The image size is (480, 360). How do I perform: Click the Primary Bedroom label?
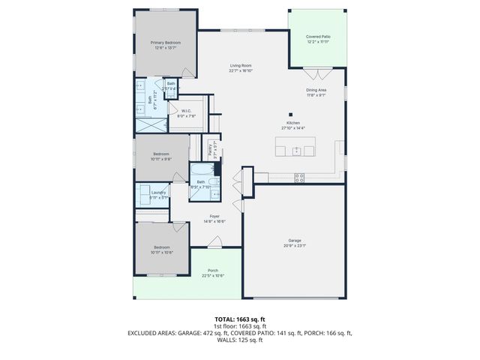click(x=165, y=43)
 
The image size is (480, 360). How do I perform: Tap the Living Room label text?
click(x=240, y=66)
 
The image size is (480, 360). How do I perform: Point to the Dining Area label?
click(x=315, y=90)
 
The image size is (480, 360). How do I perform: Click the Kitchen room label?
click(x=292, y=122)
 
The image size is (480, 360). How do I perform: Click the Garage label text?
click(x=294, y=241)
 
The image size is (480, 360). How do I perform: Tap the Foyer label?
click(x=215, y=216)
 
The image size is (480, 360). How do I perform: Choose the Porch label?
click(x=212, y=271)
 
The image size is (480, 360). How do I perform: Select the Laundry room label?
click(x=158, y=193)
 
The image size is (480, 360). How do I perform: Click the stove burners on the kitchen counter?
click(x=299, y=178)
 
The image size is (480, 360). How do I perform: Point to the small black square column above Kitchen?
click(x=289, y=114)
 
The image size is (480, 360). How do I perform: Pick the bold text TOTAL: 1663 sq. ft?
click(x=239, y=319)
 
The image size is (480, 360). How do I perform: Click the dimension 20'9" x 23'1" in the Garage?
click(x=294, y=246)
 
